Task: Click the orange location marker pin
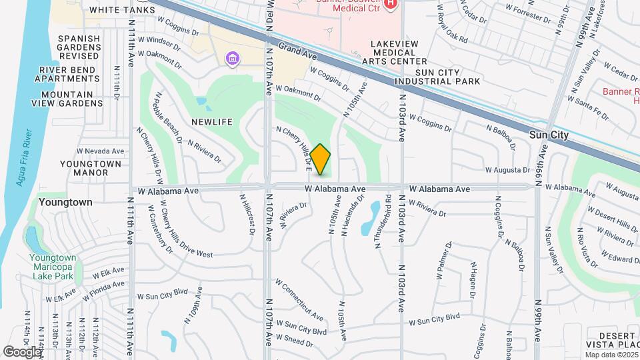pyautogui.click(x=321, y=159)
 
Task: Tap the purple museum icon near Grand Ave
pyautogui.click(x=232, y=59)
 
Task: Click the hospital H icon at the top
pyautogui.click(x=391, y=4)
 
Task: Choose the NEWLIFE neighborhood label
pyautogui.click(x=211, y=122)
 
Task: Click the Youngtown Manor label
pyautogui.click(x=91, y=168)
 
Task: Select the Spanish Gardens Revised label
pyautogui.click(x=79, y=48)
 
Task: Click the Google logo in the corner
pyautogui.click(x=21, y=351)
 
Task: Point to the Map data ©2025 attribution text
pyautogui.click(x=611, y=355)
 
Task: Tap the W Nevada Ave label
pyautogui.click(x=101, y=151)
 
